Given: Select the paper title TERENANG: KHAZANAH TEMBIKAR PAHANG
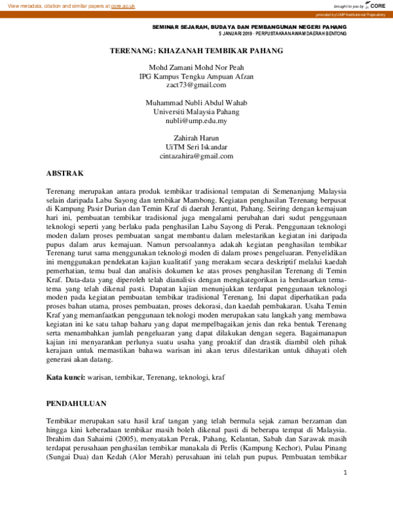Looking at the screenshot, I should (196, 50).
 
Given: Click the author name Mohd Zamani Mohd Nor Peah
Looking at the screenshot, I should (196, 67).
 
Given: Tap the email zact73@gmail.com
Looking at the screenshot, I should (196, 84).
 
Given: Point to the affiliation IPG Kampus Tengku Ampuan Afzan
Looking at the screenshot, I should (196, 76).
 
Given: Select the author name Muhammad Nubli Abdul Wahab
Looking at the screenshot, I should (196, 103).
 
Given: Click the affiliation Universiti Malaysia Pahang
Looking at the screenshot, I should (196, 112).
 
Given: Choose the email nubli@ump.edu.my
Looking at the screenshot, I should (196, 121).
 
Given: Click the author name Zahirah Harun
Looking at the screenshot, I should (196, 139).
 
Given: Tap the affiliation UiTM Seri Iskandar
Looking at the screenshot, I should (196, 147).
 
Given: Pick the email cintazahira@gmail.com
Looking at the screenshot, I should (196, 156).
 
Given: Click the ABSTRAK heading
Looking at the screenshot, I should (65, 173).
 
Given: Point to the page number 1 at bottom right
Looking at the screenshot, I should (345, 473).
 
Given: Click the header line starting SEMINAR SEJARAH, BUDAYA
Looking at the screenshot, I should (249, 26).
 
